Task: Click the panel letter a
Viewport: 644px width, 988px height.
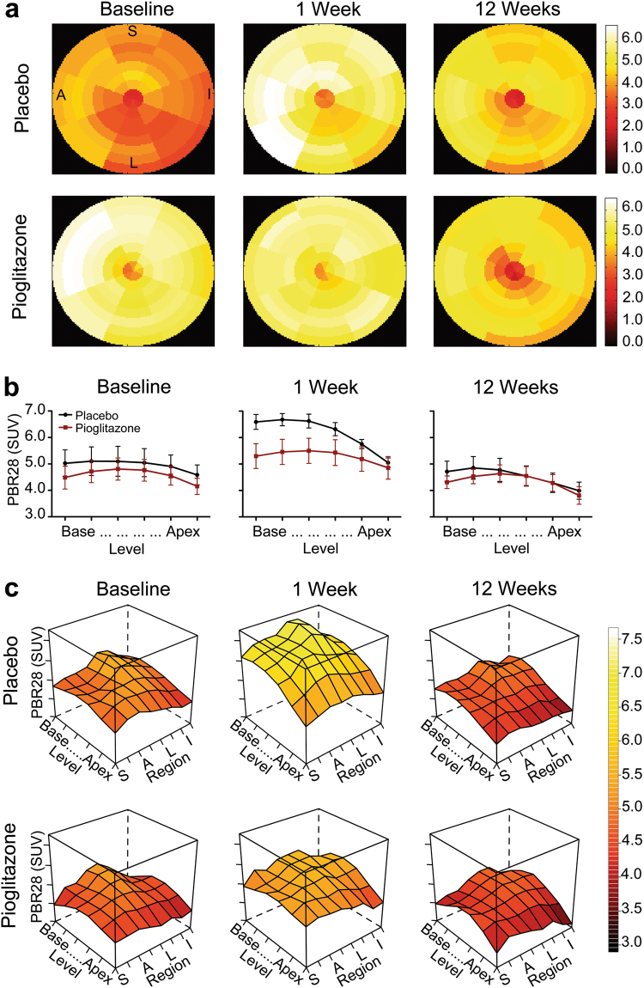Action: pos(12,13)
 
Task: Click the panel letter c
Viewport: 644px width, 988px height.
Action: pos(12,590)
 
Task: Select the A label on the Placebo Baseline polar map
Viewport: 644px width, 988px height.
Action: pos(62,95)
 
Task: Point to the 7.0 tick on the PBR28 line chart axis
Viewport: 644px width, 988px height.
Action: pos(37,410)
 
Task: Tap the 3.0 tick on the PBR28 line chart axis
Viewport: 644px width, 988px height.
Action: pos(37,516)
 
